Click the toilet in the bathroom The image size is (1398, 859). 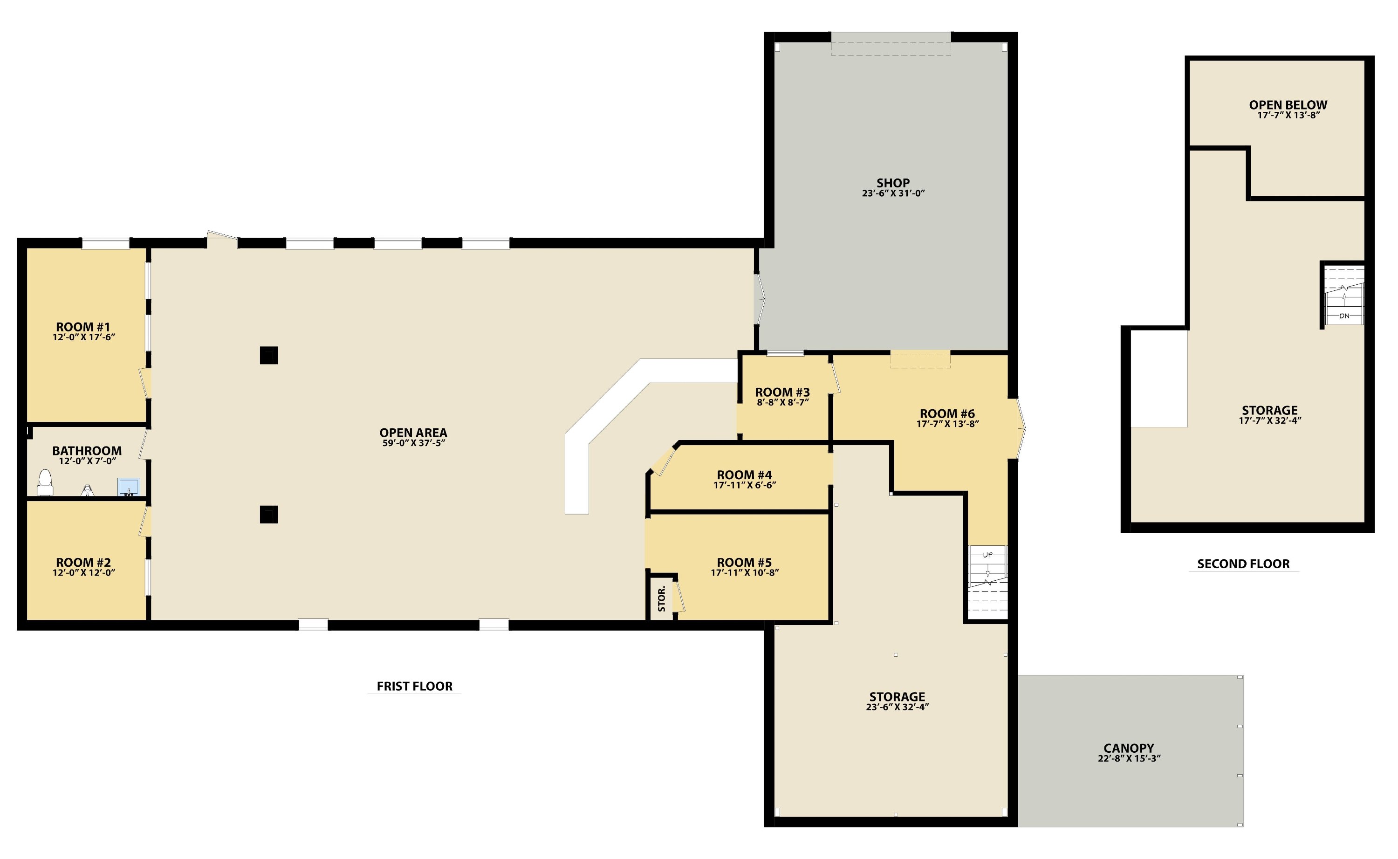(45, 482)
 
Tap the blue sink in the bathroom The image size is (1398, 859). (129, 487)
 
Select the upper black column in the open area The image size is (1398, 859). (268, 356)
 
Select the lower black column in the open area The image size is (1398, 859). (268, 515)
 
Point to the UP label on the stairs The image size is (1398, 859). (987, 555)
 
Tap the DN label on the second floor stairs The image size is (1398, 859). (1344, 316)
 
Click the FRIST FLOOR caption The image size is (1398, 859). (415, 686)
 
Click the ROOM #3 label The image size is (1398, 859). (782, 392)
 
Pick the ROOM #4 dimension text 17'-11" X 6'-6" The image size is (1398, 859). (744, 485)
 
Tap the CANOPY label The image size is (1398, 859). (1129, 748)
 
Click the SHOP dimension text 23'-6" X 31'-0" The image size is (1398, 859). (893, 193)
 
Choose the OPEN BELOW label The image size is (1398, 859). (1288, 105)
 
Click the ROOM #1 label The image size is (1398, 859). (83, 327)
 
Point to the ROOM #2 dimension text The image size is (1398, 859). (84, 573)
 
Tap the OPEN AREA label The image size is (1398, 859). (413, 433)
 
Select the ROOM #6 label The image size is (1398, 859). (947, 413)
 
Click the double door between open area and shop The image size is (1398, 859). (759, 299)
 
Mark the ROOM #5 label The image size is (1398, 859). (744, 563)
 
